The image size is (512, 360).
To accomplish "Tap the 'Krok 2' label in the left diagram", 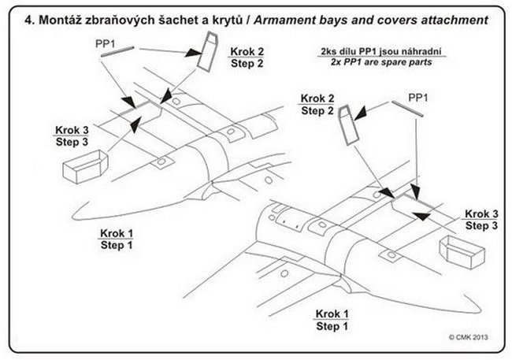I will tap(247, 50).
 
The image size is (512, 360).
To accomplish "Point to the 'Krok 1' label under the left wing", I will tap(117, 234).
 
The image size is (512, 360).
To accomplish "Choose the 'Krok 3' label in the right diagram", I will tap(481, 213).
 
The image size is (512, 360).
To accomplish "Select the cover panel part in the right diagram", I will tap(348, 126).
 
